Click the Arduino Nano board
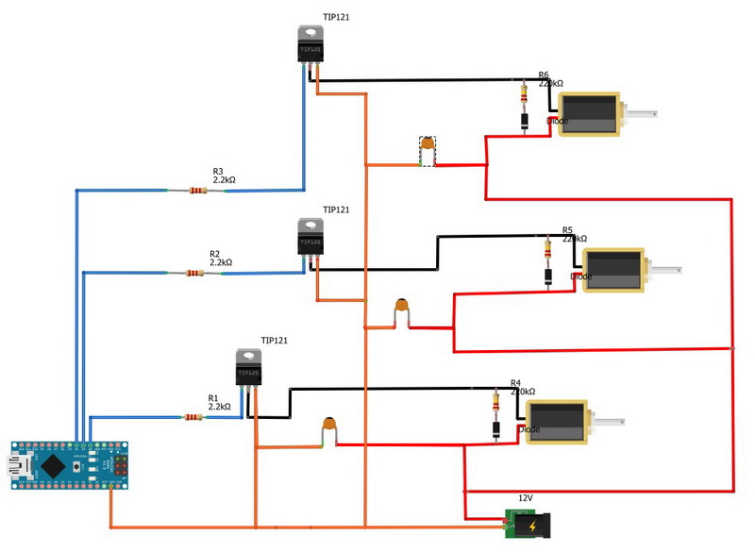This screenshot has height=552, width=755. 70,465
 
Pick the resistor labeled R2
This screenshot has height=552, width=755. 194,274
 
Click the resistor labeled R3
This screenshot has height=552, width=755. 197,191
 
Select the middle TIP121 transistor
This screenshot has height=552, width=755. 310,239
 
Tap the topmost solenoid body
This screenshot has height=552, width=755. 588,114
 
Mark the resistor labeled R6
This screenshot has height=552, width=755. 524,92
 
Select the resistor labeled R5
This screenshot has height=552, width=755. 548,249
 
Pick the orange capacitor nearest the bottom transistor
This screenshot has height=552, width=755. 330,427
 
